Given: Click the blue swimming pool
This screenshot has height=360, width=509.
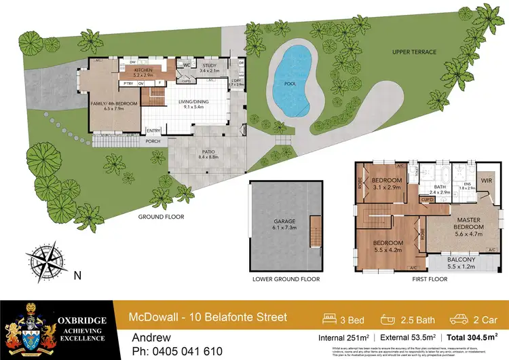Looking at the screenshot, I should coord(293,79).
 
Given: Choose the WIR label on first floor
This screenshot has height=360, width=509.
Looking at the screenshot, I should coord(485,181).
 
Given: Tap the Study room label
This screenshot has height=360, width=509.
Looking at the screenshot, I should coord(210,67).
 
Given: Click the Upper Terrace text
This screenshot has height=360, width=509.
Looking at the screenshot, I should coord(415,52).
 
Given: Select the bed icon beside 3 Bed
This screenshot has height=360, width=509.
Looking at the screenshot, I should coord(333,318).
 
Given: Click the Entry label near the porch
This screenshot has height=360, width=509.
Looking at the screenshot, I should coord(153,131).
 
